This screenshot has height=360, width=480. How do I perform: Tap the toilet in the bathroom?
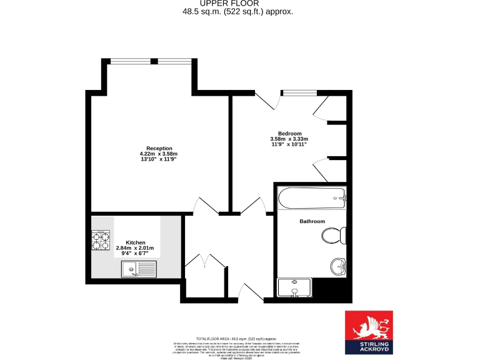click(x=333, y=236)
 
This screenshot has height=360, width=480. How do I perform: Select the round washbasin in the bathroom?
click(x=338, y=267)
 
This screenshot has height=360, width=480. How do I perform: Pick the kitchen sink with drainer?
click(x=139, y=269)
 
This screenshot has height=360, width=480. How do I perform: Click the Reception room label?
click(x=158, y=148)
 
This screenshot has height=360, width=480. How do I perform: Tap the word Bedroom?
click(x=289, y=133)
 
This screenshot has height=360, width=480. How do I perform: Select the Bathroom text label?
click(x=312, y=221)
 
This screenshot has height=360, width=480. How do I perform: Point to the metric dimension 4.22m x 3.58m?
click(x=158, y=154)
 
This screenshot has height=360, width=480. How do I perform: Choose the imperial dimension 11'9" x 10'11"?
click(x=288, y=144)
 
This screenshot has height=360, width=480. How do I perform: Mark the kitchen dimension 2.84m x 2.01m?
click(x=135, y=248)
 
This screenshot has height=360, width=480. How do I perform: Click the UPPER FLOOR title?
click(x=237, y=4)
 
